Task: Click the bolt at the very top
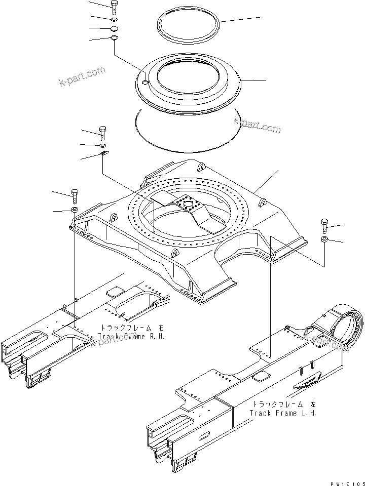pyautogui.click(x=114, y=8)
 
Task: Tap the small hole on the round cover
pyautogui.click(x=144, y=83)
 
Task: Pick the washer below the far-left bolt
pyautogui.click(x=75, y=209)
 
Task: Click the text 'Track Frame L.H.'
pyautogui.click(x=283, y=413)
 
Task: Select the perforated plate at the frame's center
pyautogui.click(x=187, y=203)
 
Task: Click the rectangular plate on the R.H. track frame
pyautogui.click(x=115, y=292)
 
